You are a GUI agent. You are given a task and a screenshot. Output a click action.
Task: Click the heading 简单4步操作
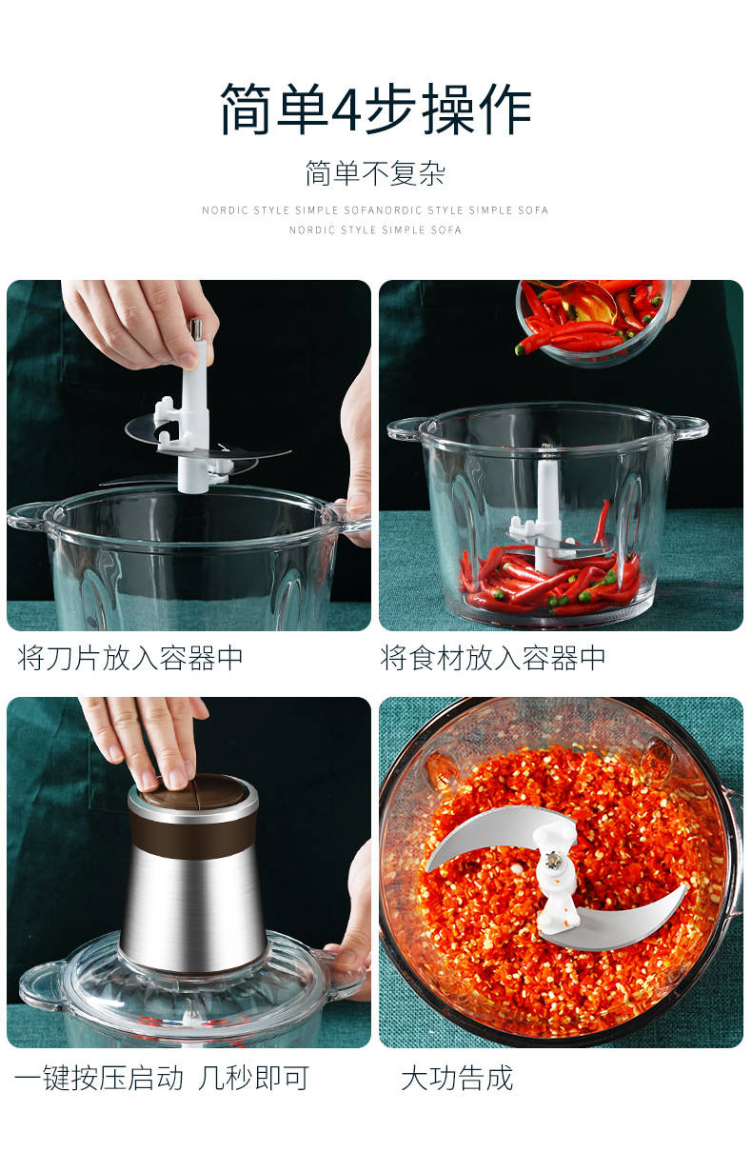[x=375, y=109]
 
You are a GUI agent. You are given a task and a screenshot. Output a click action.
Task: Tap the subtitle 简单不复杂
[x=375, y=173]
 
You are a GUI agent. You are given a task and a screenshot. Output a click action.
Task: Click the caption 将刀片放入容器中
[x=130, y=658]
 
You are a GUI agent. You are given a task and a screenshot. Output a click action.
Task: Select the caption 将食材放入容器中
[x=493, y=658]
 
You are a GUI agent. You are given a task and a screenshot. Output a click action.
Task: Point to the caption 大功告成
[x=457, y=1078]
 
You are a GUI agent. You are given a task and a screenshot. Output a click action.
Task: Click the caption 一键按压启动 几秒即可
[x=162, y=1078]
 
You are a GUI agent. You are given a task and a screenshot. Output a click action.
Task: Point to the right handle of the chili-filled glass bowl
[x=686, y=427]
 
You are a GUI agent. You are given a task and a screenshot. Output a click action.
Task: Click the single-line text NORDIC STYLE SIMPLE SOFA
[x=375, y=229]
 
